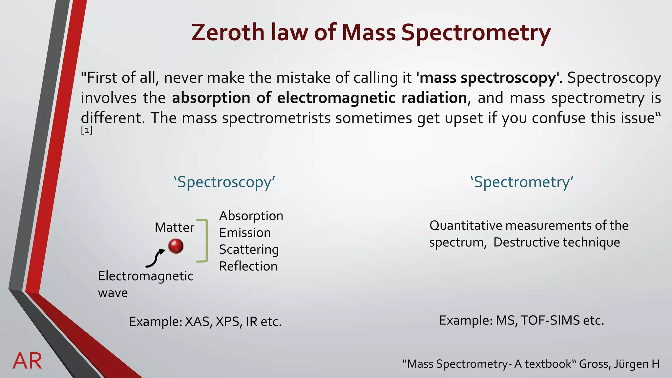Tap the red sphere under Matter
coord(176,246)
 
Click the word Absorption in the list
coord(251,216)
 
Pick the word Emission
coord(245,233)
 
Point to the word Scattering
coord(249,249)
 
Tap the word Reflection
coord(248,266)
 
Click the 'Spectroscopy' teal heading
coord(224,182)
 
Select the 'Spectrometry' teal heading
coord(522,182)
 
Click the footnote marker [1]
coord(87,131)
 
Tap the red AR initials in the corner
coord(28,361)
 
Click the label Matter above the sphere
coord(174,227)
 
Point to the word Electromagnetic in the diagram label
coord(145,276)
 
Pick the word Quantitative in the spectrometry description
coord(466,225)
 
